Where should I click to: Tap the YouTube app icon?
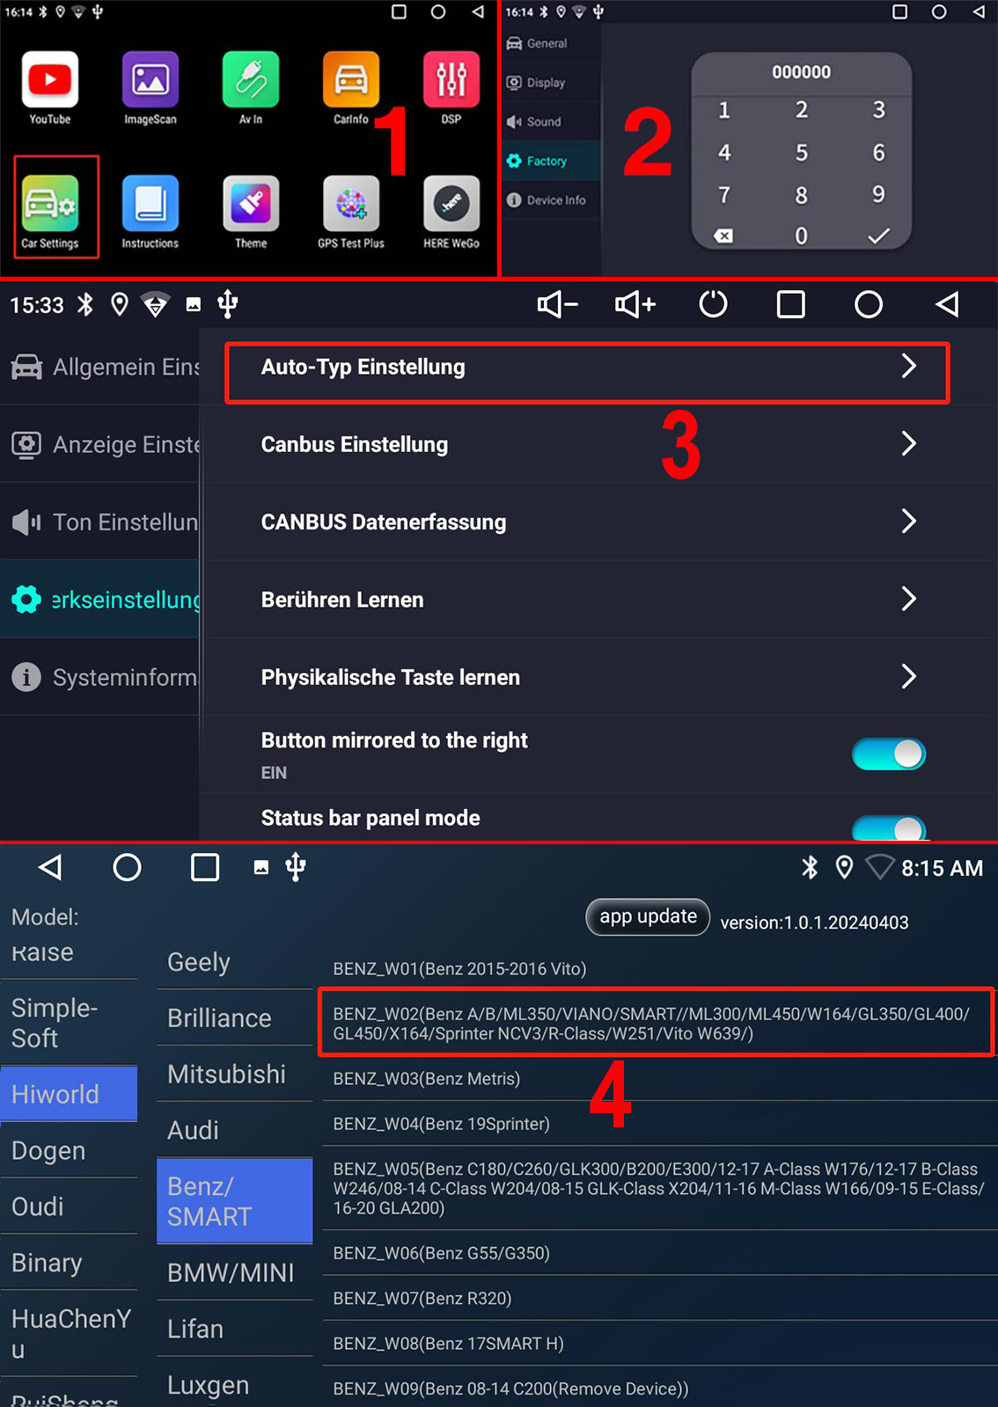tap(49, 79)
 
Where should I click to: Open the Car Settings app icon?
tap(49, 203)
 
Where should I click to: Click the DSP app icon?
tap(451, 79)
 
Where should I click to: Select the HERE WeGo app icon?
tap(451, 203)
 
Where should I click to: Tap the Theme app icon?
tap(251, 203)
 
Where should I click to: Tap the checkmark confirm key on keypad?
tap(878, 237)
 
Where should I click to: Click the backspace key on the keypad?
tap(723, 237)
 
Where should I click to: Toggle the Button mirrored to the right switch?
tap(889, 754)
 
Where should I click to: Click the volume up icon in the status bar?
tap(635, 304)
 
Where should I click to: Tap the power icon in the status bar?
tap(713, 304)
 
